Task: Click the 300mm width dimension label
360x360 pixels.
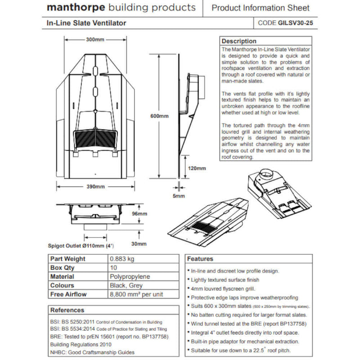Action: (95, 40)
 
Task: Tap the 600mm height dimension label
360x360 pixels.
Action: (160, 116)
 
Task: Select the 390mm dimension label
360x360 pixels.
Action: (96, 187)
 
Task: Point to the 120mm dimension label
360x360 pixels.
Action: (197, 168)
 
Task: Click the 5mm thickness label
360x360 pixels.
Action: (179, 196)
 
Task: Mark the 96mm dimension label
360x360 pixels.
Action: (140, 214)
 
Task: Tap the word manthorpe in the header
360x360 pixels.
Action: (73, 8)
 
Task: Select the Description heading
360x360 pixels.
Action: (239, 41)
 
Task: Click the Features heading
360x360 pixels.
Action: (200, 259)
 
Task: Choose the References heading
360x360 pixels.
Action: (67, 310)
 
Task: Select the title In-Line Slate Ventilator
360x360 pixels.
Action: (86, 22)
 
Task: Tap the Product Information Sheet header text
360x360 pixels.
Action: (261, 8)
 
